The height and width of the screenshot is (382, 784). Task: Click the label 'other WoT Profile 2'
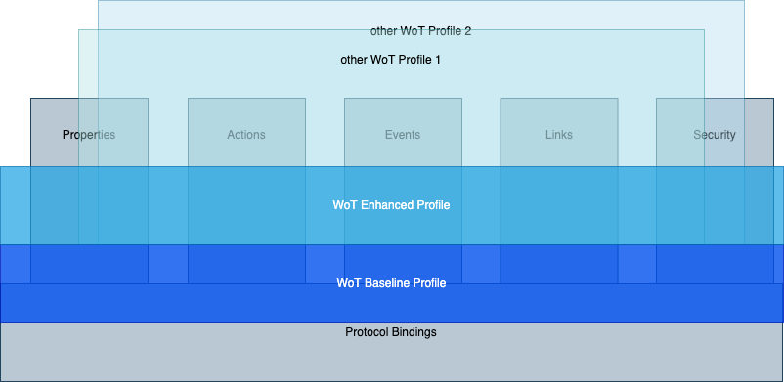pyautogui.click(x=420, y=30)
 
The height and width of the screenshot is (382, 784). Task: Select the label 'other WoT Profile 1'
pyautogui.click(x=390, y=60)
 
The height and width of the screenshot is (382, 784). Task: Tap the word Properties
pyautogui.click(x=89, y=135)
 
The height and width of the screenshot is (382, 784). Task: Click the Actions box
pyautogui.click(x=246, y=135)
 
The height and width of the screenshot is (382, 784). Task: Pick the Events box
pyautogui.click(x=403, y=135)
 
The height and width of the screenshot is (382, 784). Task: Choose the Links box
pyautogui.click(x=558, y=135)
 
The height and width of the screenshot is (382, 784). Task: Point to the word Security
pyautogui.click(x=714, y=135)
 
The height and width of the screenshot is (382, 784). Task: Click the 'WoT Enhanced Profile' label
pyautogui.click(x=391, y=205)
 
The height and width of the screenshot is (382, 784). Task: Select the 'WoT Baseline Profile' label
pyautogui.click(x=391, y=283)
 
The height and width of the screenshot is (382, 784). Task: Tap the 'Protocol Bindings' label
pyautogui.click(x=391, y=332)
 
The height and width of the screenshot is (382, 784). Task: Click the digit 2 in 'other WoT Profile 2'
pyautogui.click(x=468, y=30)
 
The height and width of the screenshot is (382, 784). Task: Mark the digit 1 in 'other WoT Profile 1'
pyautogui.click(x=438, y=60)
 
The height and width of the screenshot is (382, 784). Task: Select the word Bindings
pyautogui.click(x=414, y=332)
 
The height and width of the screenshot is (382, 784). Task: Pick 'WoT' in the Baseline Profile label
pyautogui.click(x=348, y=283)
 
